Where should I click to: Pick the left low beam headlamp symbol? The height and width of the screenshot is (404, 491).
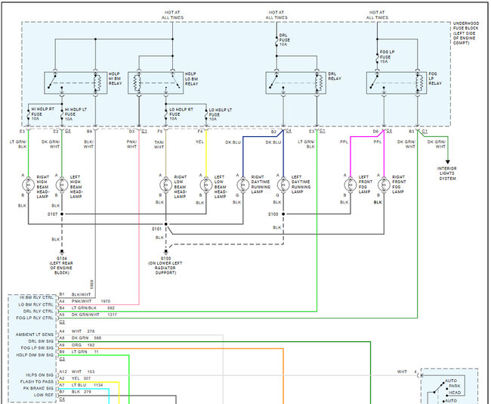coord(204,184)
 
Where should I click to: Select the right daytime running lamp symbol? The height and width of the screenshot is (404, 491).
coord(242,184)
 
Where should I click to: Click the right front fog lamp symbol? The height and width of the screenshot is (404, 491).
coord(384,184)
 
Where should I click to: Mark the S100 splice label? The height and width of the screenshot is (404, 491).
coord(273,214)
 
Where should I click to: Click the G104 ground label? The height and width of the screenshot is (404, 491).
coord(62,264)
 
